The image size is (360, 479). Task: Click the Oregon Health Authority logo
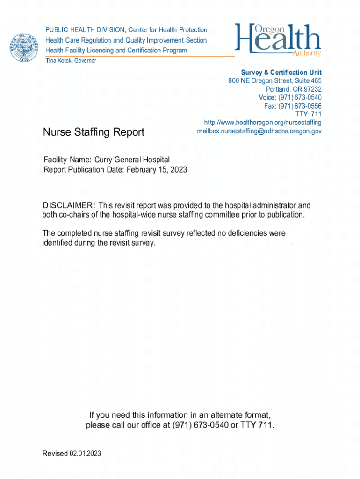tap(278, 40)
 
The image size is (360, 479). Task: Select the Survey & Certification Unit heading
tap(281, 73)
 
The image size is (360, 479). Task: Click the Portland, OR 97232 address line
tap(294, 89)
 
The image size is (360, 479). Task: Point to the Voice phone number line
tap(290, 98)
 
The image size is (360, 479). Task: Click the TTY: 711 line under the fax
tap(308, 114)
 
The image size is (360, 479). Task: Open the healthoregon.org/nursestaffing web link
tap(263, 123)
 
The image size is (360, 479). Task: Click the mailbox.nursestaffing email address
tap(259, 131)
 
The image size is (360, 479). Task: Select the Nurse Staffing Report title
tap(94, 132)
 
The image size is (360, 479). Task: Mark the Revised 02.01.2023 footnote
tap(72, 454)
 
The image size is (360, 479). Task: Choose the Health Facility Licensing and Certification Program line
tap(116, 51)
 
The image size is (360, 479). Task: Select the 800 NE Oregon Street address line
tap(275, 81)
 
